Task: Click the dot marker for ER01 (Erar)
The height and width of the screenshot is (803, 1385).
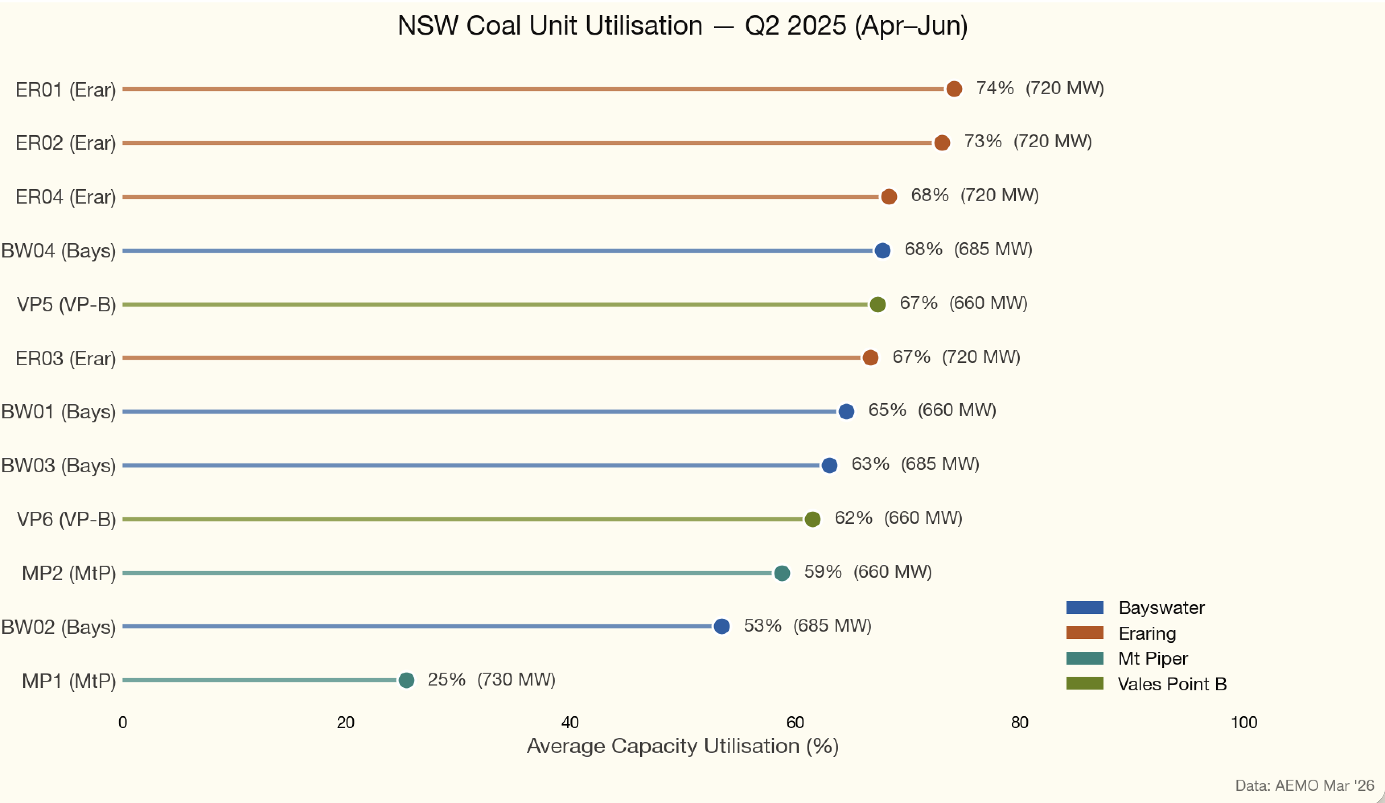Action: pyautogui.click(x=954, y=89)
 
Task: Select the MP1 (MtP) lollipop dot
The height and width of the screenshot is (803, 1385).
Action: pyautogui.click(x=406, y=680)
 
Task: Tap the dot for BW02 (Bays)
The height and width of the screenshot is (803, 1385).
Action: pyautogui.click(x=721, y=626)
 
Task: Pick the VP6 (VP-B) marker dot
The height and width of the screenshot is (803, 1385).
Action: pyautogui.click(x=812, y=519)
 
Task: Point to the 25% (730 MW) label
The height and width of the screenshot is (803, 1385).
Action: pyautogui.click(x=491, y=680)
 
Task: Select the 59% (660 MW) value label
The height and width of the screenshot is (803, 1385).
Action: pyautogui.click(x=868, y=572)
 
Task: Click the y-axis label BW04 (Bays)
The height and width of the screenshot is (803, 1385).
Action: pyautogui.click(x=58, y=251)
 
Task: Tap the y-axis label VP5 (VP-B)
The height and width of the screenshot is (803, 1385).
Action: pyautogui.click(x=66, y=305)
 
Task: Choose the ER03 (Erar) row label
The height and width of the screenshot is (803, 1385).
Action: pyautogui.click(x=66, y=358)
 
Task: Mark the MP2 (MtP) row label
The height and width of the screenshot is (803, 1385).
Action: pyautogui.click(x=69, y=574)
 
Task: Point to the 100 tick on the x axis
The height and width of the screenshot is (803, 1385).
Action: pyautogui.click(x=1244, y=723)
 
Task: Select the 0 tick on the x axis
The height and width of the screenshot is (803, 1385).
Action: pyautogui.click(x=123, y=723)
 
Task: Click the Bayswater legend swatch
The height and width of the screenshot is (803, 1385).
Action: pyautogui.click(x=1084, y=608)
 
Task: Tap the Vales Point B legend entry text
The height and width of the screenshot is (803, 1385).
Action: pyautogui.click(x=1172, y=684)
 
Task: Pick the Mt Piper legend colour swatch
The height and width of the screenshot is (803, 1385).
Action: pyautogui.click(x=1084, y=658)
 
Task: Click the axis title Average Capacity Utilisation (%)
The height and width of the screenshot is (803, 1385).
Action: pyautogui.click(x=682, y=746)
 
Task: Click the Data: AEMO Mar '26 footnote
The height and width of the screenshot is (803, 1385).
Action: pyautogui.click(x=1304, y=785)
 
